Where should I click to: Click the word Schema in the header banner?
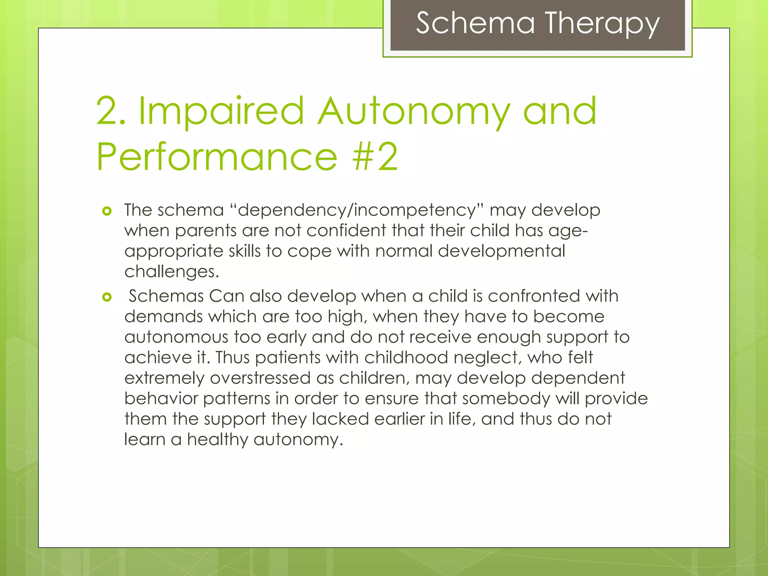coord(475,23)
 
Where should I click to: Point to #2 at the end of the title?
coord(375,157)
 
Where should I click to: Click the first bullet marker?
coord(107,211)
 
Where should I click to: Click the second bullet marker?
coord(107,297)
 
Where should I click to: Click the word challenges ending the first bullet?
coord(171,271)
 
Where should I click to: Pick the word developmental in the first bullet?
coord(501,251)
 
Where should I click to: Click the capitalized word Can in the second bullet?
coord(226,296)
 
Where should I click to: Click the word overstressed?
coord(260,378)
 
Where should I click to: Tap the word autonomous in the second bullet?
coord(176,337)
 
